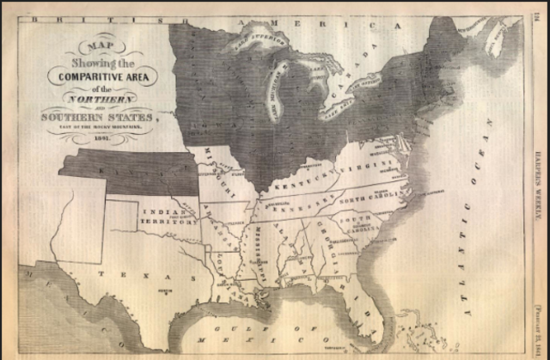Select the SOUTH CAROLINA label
[362, 224]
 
